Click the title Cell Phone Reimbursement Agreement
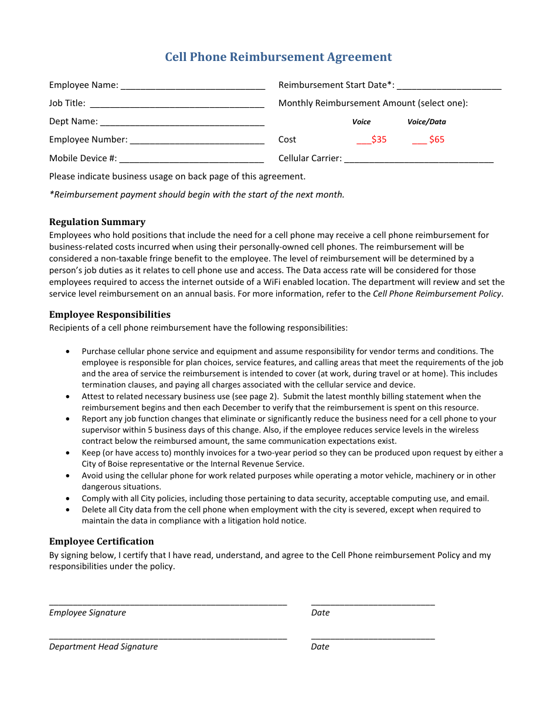278,57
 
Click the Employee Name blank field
192,86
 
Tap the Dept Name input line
182,122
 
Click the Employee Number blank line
197,140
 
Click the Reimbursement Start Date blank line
449,86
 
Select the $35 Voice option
372,140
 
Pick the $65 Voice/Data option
429,140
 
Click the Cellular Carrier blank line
419,158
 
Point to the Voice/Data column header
426,122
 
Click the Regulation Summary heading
97,222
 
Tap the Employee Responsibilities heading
110,314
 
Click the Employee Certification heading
101,541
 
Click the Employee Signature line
168,603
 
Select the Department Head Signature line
168,637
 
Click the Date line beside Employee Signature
373,603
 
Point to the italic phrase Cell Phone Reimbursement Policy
437,294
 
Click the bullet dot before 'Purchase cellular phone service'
69,352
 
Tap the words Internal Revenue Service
253,464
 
